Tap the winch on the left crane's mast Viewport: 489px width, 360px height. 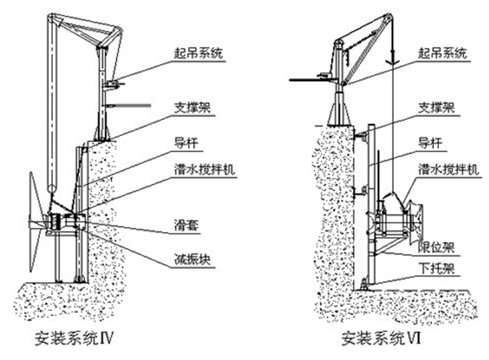(113, 84)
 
